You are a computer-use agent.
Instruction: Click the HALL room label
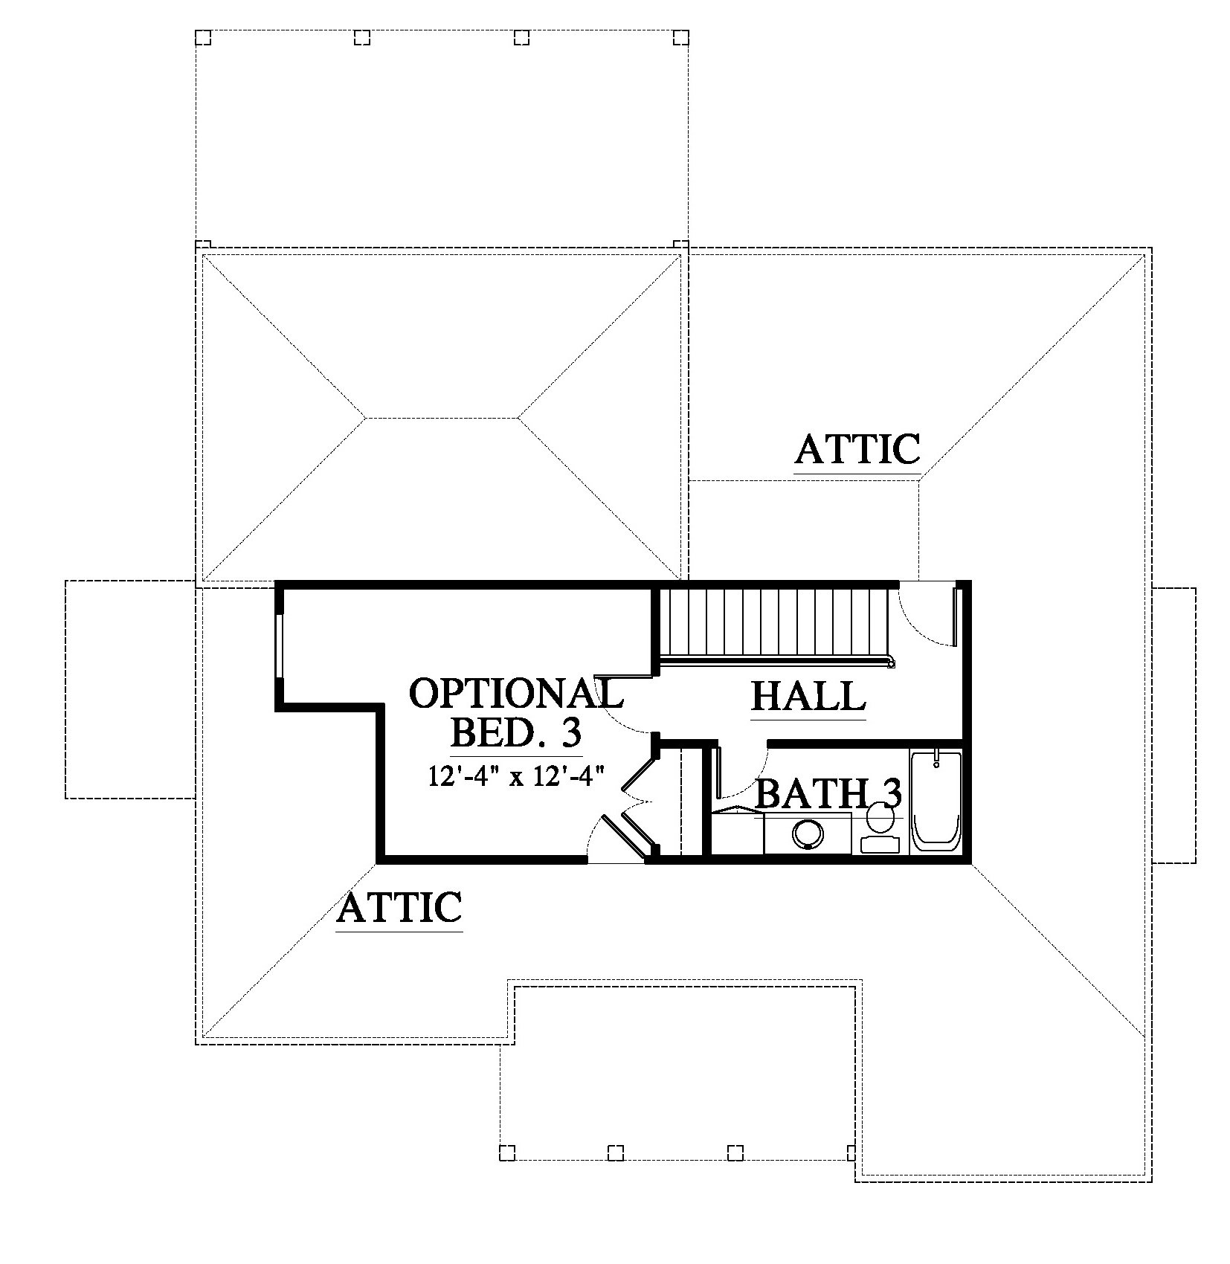(808, 697)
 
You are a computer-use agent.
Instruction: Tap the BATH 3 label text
(828, 794)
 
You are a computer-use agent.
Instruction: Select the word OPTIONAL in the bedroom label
(516, 693)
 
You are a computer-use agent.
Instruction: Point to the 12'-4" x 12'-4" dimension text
(514, 776)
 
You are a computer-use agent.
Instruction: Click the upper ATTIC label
(857, 449)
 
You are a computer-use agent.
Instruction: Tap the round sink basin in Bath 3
(808, 833)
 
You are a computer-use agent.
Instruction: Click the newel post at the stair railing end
(889, 662)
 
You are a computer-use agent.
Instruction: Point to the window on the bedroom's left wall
(279, 645)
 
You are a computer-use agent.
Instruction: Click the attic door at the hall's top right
(953, 616)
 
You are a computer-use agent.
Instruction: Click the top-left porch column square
(203, 37)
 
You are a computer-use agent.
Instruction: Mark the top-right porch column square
(680, 37)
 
